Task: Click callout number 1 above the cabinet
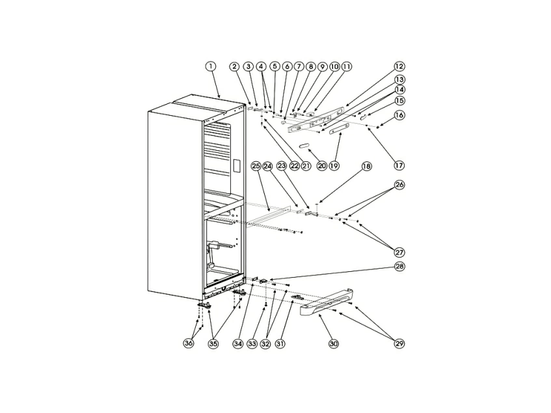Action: click(x=210, y=66)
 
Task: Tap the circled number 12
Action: click(x=399, y=66)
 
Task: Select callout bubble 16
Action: click(x=399, y=114)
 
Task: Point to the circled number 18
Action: click(x=366, y=167)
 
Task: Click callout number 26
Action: click(x=399, y=185)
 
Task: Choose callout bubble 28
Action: click(x=399, y=267)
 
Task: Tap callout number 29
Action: click(x=399, y=343)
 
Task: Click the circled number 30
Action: click(x=334, y=343)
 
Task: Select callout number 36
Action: click(x=189, y=343)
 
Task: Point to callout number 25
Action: click(x=256, y=167)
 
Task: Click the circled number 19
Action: click(x=334, y=167)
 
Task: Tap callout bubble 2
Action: click(x=234, y=66)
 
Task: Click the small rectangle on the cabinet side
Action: click(x=237, y=167)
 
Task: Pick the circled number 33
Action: click(x=252, y=343)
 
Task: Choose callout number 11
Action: click(x=345, y=66)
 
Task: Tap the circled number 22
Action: click(x=294, y=167)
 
